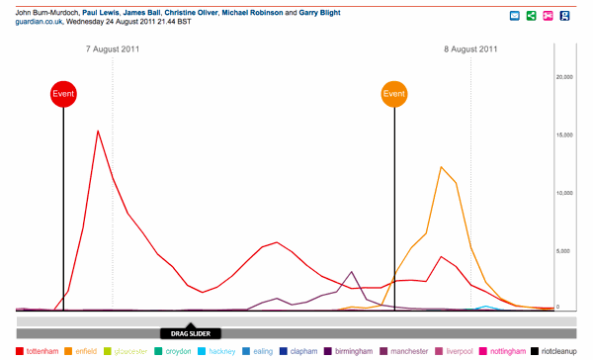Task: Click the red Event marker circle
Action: [x=63, y=94]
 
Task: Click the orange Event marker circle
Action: [x=394, y=94]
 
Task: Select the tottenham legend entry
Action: [x=38, y=351]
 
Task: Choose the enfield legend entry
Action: [x=81, y=351]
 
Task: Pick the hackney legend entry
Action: [x=216, y=351]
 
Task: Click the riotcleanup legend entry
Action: [x=553, y=351]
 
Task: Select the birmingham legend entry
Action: [x=348, y=351]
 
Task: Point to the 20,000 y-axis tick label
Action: [x=564, y=77]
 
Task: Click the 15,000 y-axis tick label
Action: [x=564, y=135]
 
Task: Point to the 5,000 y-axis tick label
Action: [x=562, y=251]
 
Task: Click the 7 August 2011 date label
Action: [x=113, y=49]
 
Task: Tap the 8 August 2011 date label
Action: [x=470, y=49]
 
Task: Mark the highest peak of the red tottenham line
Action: [x=98, y=131]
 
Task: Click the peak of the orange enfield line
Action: [x=441, y=167]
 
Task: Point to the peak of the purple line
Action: [x=352, y=272]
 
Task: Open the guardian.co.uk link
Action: [x=39, y=22]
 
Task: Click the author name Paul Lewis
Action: [x=100, y=13]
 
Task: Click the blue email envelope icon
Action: [x=514, y=16]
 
